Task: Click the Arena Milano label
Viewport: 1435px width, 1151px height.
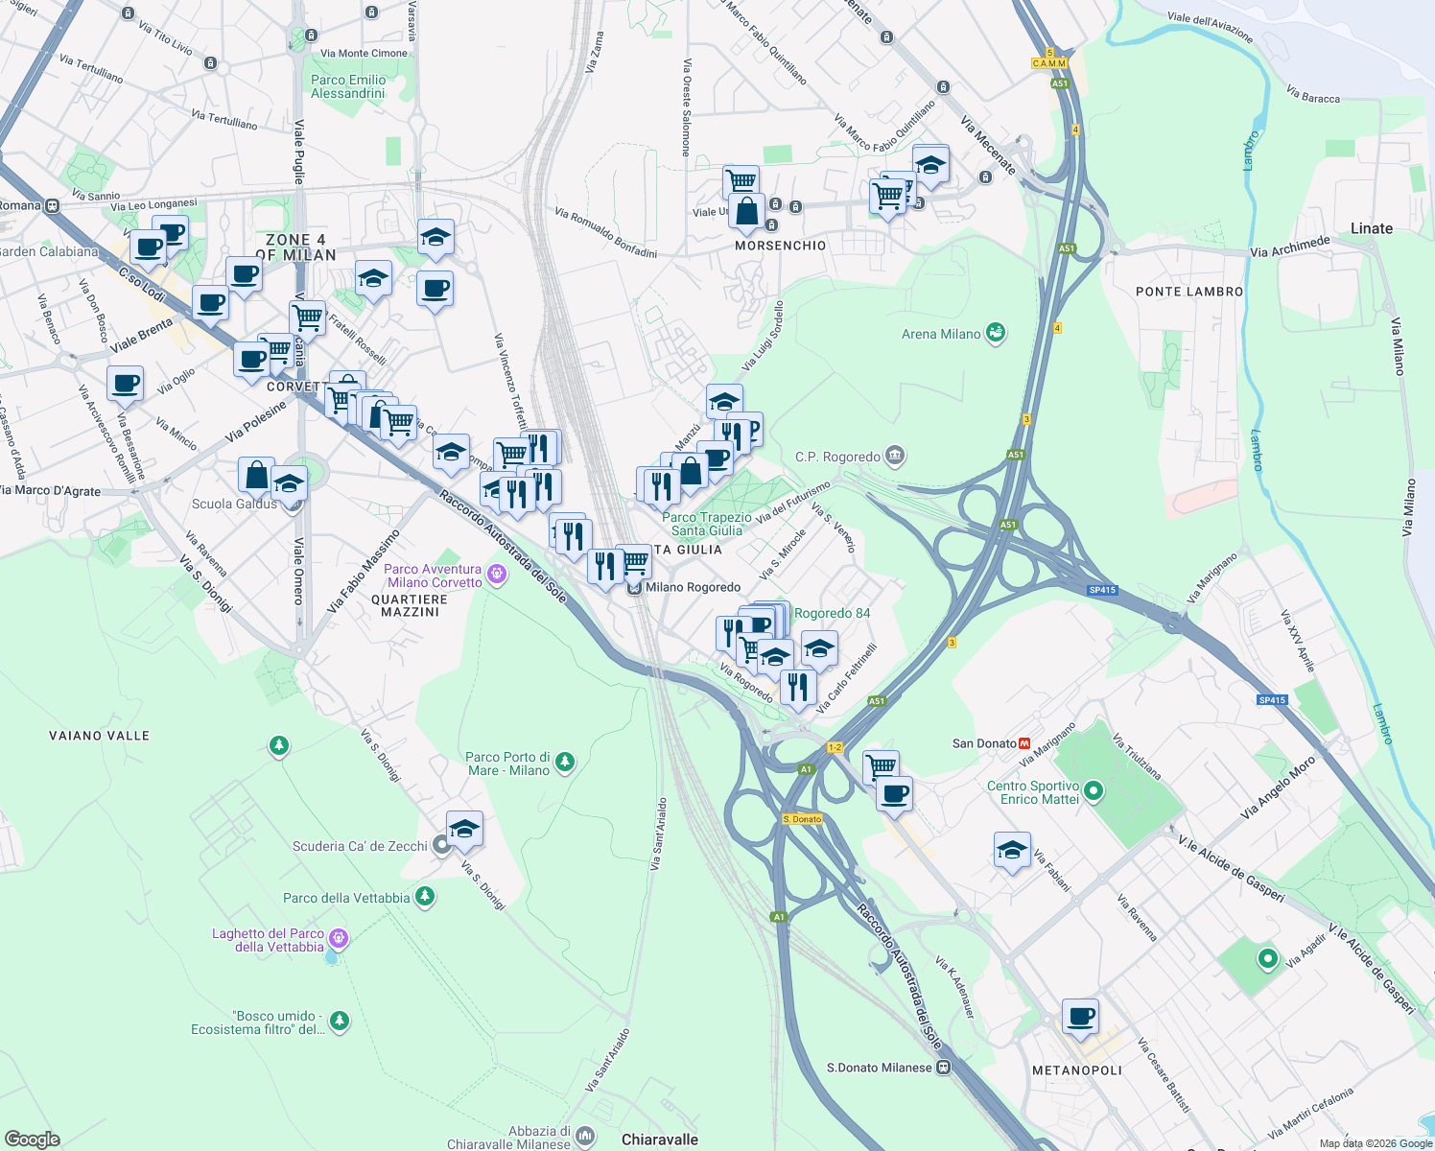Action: (x=941, y=334)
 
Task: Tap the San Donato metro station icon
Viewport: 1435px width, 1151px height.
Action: (x=1024, y=743)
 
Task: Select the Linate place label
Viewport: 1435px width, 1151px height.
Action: (x=1371, y=228)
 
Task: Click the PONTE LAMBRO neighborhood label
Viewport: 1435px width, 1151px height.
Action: (x=1188, y=292)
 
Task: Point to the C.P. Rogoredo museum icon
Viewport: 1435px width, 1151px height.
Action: (x=895, y=456)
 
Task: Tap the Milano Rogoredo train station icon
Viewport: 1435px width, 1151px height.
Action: (x=634, y=588)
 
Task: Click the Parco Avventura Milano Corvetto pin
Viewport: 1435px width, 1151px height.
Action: (x=496, y=575)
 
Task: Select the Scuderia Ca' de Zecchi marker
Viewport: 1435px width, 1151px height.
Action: (x=441, y=846)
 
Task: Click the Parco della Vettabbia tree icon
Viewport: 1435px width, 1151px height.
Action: (x=424, y=898)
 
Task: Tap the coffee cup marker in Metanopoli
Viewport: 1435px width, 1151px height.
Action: (x=1080, y=1017)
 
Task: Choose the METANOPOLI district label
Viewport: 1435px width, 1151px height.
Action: (x=1076, y=1070)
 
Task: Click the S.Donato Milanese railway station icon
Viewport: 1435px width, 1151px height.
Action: (x=944, y=1068)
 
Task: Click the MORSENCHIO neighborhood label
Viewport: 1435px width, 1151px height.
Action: (x=780, y=246)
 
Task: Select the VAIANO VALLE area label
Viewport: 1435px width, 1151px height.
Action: (x=100, y=736)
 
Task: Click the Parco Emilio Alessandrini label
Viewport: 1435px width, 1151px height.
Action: (x=348, y=86)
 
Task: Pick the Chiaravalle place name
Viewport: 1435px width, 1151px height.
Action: (x=660, y=1139)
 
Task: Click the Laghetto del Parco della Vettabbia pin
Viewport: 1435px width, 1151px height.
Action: (x=339, y=938)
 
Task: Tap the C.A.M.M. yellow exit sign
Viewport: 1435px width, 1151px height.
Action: (x=1048, y=63)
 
